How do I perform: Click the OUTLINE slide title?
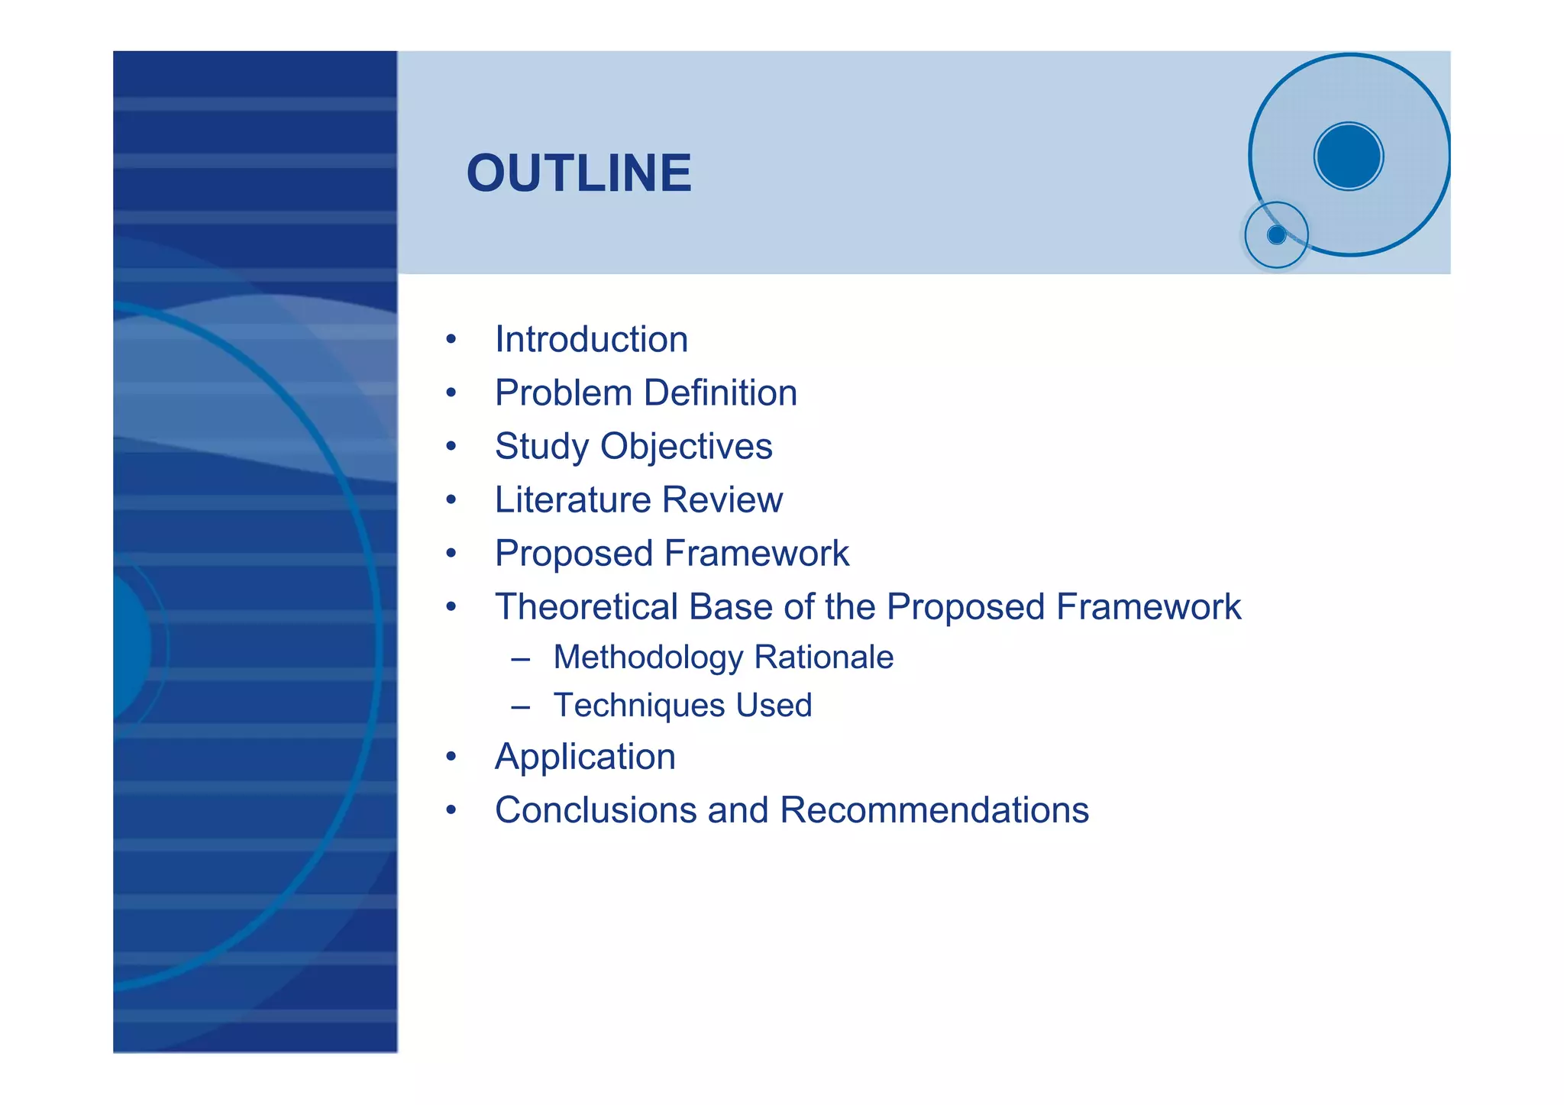[579, 173]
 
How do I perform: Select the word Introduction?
[591, 340]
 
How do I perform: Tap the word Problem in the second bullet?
[564, 393]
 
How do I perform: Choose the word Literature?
[572, 500]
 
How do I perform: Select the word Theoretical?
[586, 607]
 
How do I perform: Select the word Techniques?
[638, 706]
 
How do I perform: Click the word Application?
[585, 758]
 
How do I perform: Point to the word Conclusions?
[596, 810]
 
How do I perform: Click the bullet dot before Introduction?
[451, 339]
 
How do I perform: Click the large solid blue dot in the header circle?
[1349, 157]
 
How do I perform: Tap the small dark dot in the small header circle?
[1276, 235]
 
